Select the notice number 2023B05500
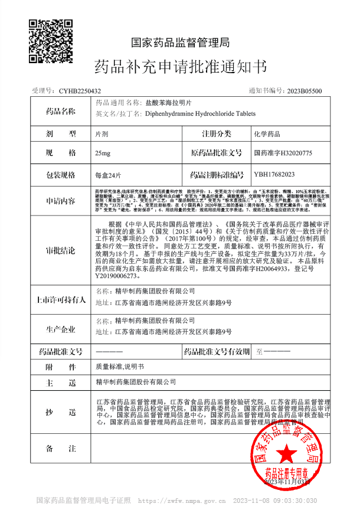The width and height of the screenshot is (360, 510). click(305, 91)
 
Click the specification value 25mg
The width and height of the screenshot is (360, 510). click(102, 153)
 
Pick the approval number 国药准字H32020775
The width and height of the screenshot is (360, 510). click(283, 153)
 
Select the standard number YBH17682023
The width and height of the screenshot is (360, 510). click(274, 174)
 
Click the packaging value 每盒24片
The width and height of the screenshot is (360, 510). click(108, 175)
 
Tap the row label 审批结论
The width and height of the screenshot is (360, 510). click(61, 250)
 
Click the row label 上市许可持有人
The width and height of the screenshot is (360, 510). click(61, 299)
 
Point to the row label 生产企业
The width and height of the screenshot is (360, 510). click(61, 328)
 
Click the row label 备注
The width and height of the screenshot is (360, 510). click(61, 449)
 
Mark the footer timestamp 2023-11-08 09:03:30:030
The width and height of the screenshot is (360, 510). click(280, 500)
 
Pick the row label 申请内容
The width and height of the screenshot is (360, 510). click(61, 201)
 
